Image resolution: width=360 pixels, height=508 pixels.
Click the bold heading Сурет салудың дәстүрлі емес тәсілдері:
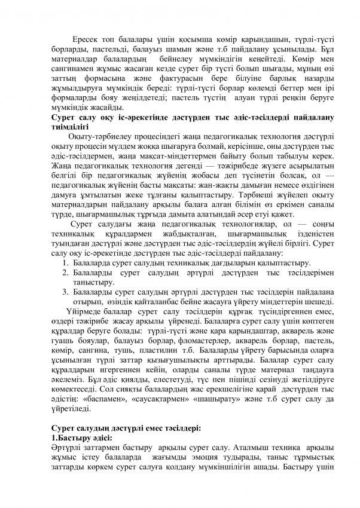(126, 428)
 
